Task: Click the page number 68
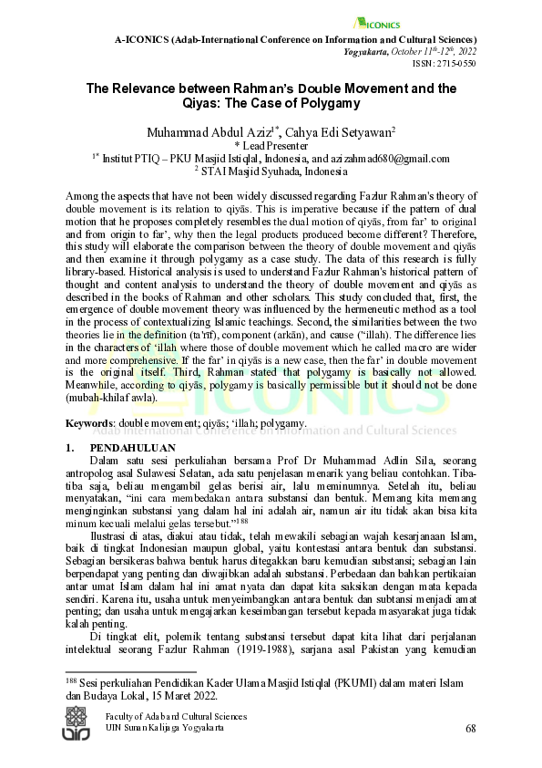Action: (470, 728)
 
